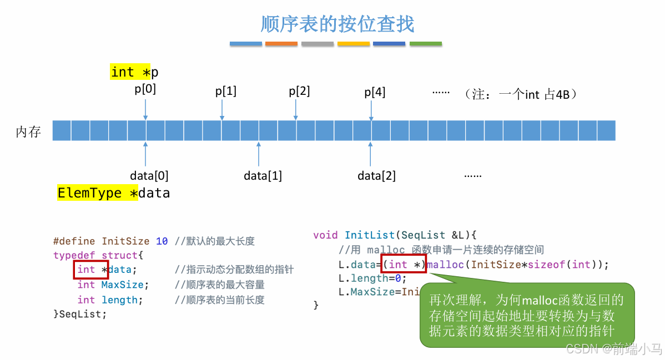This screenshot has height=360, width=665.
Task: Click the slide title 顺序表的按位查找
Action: [x=337, y=24]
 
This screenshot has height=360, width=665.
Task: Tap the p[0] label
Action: [x=145, y=89]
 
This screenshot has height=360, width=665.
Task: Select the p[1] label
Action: [x=226, y=91]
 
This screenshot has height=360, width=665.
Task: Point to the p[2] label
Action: [x=299, y=91]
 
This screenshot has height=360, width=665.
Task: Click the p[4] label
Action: [x=375, y=92]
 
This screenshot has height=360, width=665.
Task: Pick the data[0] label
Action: [x=149, y=176]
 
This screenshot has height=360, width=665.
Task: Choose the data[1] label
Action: [x=263, y=176]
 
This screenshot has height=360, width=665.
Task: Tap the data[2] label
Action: [x=376, y=176]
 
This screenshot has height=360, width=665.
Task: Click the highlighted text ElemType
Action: [x=89, y=193]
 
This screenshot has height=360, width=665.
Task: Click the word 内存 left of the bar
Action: [x=28, y=131]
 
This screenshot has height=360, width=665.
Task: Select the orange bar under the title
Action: [x=281, y=43]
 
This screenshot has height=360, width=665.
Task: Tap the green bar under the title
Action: [x=425, y=43]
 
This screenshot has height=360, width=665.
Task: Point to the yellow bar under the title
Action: [x=353, y=43]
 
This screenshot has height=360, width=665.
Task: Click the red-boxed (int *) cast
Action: [x=404, y=265]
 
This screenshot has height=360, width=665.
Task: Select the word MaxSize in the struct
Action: [x=122, y=285]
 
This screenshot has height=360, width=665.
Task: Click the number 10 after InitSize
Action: [x=162, y=241]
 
